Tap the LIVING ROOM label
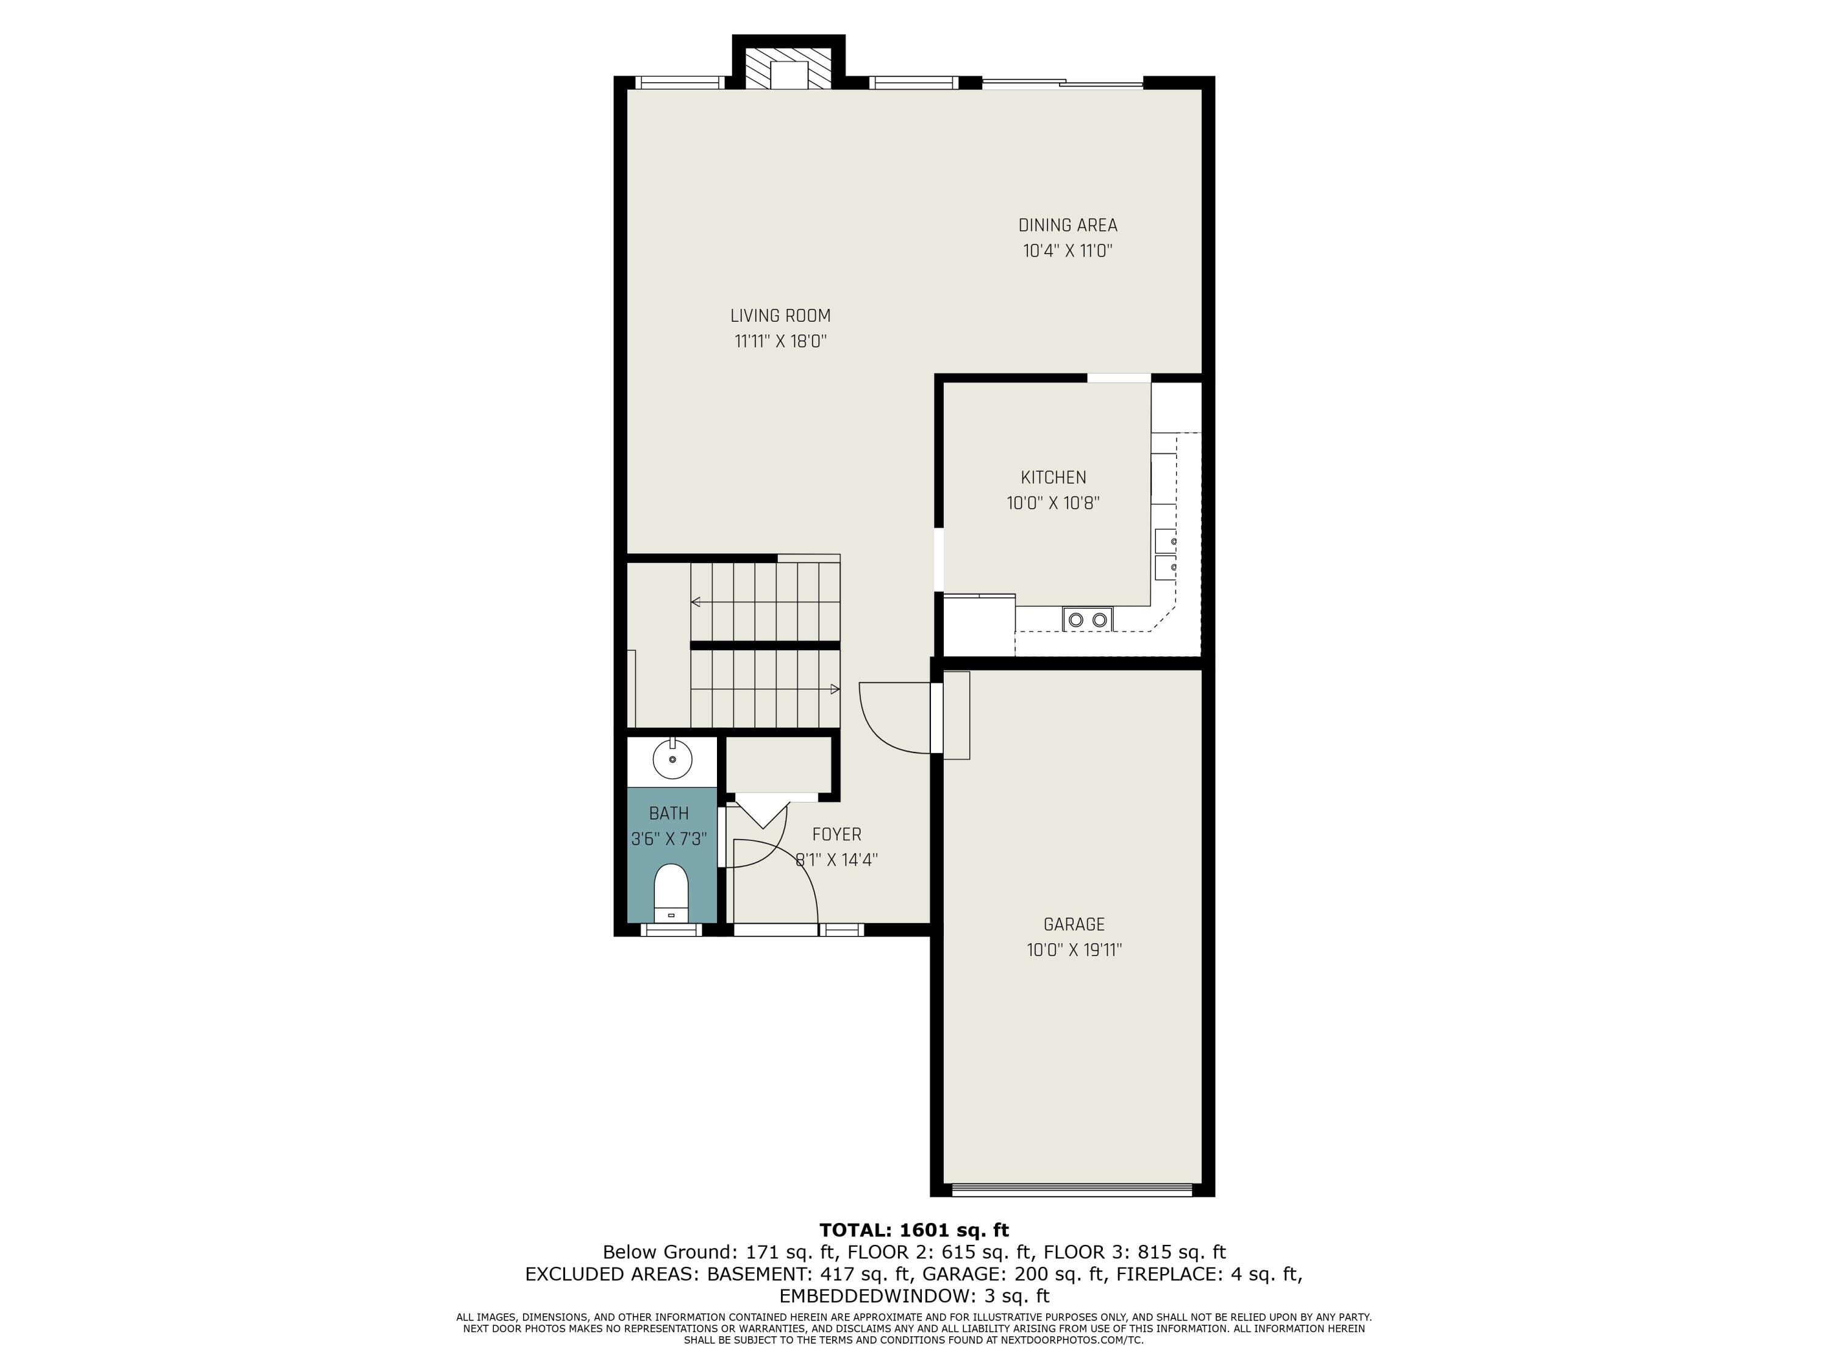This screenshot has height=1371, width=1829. click(x=780, y=316)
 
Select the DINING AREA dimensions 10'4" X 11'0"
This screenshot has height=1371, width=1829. click(x=1068, y=251)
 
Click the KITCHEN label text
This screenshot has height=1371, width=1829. click(x=1052, y=478)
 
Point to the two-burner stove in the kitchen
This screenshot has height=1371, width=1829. click(x=1087, y=619)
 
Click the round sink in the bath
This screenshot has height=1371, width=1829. click(x=672, y=759)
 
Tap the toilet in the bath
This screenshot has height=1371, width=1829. click(x=671, y=893)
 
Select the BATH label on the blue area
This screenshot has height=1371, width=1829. click(x=668, y=814)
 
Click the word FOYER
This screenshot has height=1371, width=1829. click(x=836, y=835)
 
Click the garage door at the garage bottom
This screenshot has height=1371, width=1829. click(x=1072, y=1190)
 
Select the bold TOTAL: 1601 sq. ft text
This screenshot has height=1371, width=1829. click(x=914, y=1230)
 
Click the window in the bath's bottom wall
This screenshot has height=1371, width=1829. click(x=671, y=930)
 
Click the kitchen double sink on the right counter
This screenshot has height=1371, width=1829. click(x=1165, y=554)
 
